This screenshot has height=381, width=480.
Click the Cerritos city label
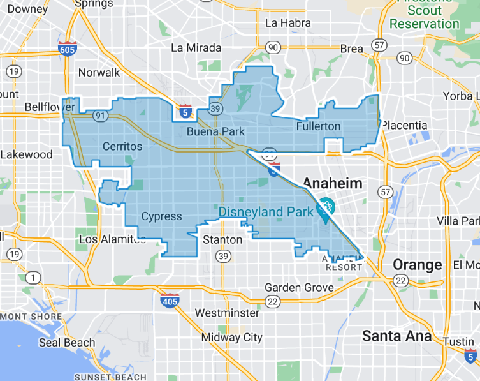point(122,147)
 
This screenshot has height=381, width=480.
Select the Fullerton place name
point(318,126)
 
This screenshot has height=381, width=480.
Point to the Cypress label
point(161,216)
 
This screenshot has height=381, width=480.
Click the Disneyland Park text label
point(266,212)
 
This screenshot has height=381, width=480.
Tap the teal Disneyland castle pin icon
point(326,208)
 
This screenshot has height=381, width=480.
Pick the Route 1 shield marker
point(32,277)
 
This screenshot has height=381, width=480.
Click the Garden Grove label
point(299,288)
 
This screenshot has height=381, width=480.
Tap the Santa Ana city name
point(396,336)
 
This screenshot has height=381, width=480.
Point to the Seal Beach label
point(67,343)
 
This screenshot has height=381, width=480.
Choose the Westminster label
point(227,313)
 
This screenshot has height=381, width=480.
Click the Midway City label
point(231,338)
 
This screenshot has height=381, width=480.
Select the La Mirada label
point(196,48)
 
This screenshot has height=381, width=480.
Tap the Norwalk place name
point(99,72)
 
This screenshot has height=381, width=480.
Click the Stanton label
point(222,240)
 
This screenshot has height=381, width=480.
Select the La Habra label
point(287,23)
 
